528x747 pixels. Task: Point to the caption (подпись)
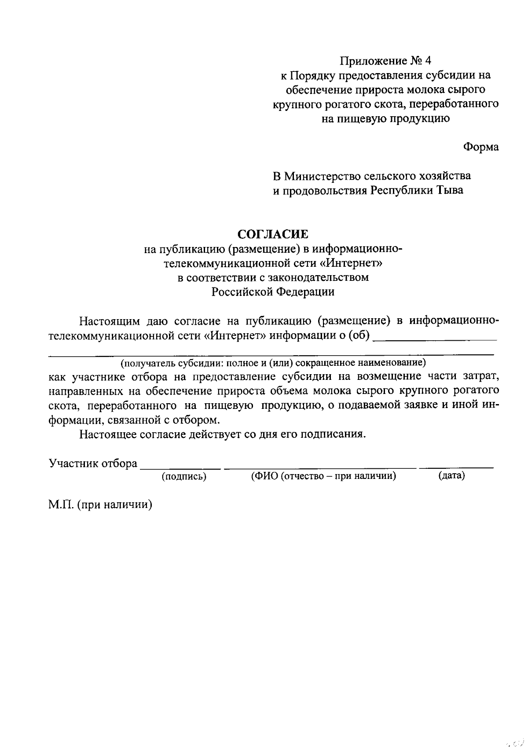[184, 476]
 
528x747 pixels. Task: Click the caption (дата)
[451, 475]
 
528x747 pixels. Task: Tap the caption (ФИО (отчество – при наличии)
[323, 476]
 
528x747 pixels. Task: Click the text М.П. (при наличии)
[100, 505]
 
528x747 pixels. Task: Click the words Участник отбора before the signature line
[93, 464]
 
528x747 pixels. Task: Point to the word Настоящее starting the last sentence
[107, 434]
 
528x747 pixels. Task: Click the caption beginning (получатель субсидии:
[273, 363]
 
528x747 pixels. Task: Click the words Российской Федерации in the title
[273, 292]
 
